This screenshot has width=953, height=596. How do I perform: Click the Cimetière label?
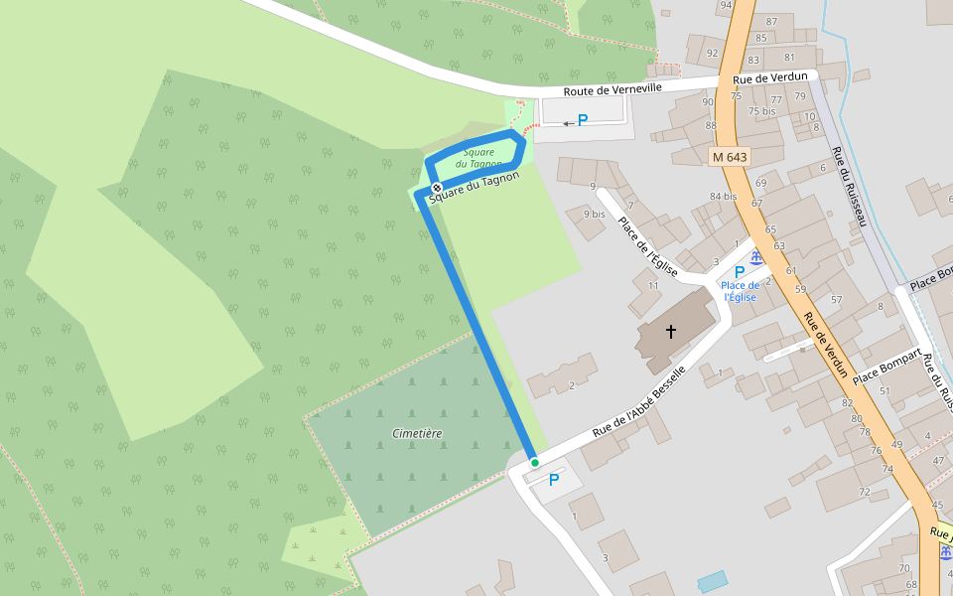pos(417,434)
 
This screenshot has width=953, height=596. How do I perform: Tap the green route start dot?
pos(534,462)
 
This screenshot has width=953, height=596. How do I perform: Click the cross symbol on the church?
pos(671,331)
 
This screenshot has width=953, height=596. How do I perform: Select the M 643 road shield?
pos(730,157)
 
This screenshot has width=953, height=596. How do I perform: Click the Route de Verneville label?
pos(613,90)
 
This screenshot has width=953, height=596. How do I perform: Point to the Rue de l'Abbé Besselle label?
pos(638,402)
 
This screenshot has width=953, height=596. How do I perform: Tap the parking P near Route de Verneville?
pos(583,120)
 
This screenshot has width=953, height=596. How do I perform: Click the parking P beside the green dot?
pos(554,480)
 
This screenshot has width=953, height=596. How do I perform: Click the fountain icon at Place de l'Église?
pos(756,259)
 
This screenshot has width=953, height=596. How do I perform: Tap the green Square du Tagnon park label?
pos(478,158)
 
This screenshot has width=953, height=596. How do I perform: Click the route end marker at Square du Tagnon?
pos(436,187)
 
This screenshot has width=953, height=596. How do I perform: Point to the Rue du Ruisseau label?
pos(850,186)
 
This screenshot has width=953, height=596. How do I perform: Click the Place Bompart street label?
pos(886,366)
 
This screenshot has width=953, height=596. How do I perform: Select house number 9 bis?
pos(594,214)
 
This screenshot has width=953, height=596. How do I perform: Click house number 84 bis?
pos(723,197)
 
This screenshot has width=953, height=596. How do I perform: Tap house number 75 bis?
pos(761,111)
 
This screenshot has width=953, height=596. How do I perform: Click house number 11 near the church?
pos(652,286)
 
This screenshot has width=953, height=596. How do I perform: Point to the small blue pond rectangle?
pos(712,580)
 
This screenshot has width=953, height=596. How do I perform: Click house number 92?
pos(711,53)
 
